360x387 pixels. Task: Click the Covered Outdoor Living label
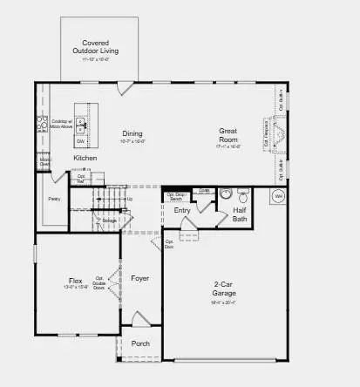click(x=100, y=47)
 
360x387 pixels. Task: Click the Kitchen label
click(x=85, y=158)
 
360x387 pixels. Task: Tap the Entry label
click(x=181, y=210)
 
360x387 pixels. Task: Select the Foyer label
click(x=140, y=278)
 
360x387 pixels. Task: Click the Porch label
click(x=140, y=343)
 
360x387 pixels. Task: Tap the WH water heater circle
click(x=279, y=197)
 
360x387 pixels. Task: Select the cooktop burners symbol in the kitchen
click(x=41, y=126)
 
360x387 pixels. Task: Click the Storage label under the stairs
click(x=109, y=221)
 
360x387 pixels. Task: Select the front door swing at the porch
click(x=140, y=319)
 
